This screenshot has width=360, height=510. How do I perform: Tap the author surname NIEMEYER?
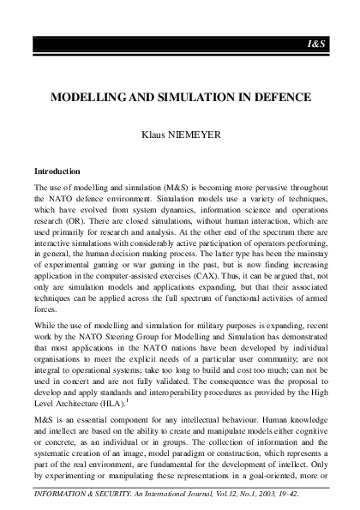tap(202, 135)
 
